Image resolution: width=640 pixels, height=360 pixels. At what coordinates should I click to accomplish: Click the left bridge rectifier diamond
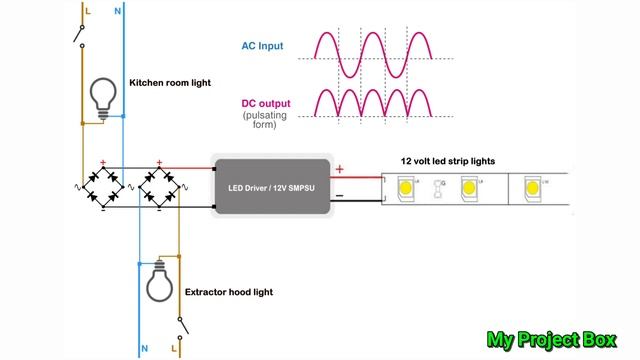(104, 186)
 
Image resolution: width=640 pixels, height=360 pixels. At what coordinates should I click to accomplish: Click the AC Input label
(263, 46)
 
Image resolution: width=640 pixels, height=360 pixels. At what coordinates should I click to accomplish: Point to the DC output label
(263, 103)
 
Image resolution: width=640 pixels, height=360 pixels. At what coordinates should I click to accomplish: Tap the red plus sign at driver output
(339, 169)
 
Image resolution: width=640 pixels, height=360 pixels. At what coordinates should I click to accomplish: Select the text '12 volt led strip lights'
(448, 160)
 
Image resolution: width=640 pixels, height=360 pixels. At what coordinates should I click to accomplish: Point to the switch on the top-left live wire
(78, 36)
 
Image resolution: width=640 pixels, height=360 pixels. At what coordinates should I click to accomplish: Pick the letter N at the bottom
(144, 349)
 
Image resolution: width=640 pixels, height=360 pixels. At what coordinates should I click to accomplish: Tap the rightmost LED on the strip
(531, 187)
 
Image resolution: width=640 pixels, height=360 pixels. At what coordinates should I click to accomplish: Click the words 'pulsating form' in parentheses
(263, 121)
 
